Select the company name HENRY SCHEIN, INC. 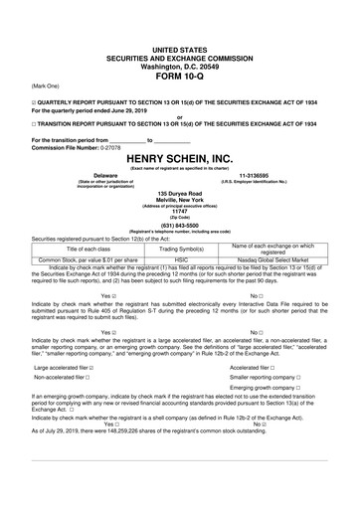point(180,158)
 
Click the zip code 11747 point(180,211)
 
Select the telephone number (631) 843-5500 point(180,223)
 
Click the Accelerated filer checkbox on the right point(272,367)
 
